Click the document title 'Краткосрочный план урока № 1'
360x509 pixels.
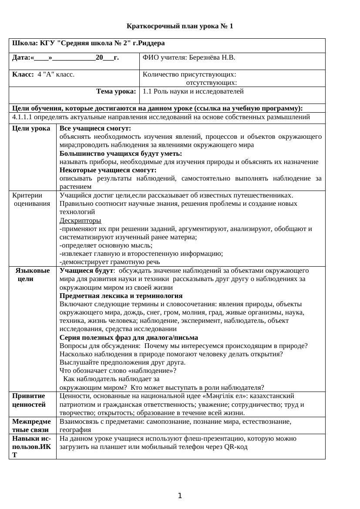(x=180, y=26)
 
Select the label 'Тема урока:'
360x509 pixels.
(x=116, y=91)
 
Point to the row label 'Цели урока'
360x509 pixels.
(x=31, y=129)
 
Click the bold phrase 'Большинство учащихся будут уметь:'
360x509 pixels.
(x=121, y=154)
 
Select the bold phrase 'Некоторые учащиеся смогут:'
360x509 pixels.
(x=108, y=170)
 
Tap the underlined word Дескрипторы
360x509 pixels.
(x=80, y=221)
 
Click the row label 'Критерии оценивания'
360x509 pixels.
(x=31, y=199)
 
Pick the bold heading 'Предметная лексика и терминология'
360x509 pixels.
(x=121, y=296)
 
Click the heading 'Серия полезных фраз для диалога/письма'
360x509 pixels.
(x=129, y=338)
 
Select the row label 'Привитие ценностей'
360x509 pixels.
(x=29, y=400)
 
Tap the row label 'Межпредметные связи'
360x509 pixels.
(x=31, y=425)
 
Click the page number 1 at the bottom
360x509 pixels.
(x=180, y=496)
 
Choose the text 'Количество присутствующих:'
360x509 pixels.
(x=189, y=74)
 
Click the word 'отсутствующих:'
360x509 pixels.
(x=212, y=83)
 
